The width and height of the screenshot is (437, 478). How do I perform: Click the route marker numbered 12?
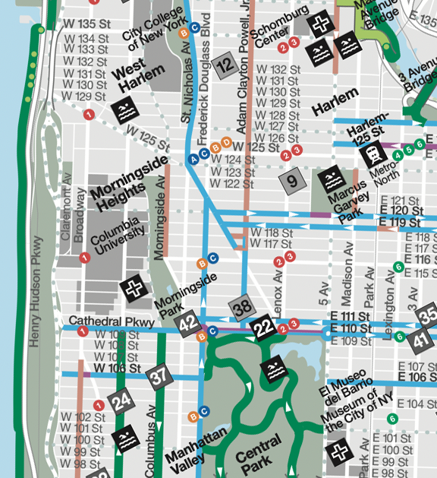[225, 67]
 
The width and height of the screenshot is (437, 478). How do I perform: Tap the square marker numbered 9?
[293, 181]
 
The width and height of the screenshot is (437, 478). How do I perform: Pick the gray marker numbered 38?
[242, 307]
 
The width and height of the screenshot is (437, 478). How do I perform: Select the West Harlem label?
[138, 76]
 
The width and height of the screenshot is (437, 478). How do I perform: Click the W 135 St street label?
[86, 24]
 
